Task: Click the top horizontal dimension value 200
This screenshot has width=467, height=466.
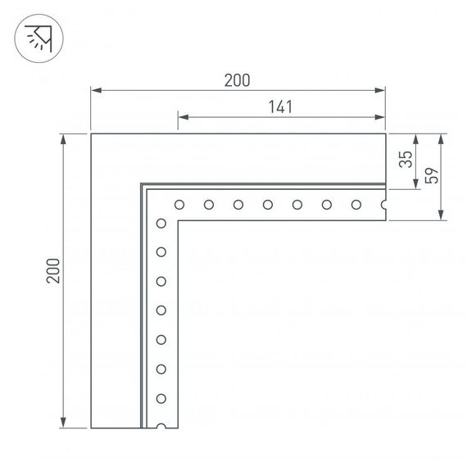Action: click(x=237, y=79)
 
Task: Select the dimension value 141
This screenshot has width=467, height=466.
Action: click(x=280, y=106)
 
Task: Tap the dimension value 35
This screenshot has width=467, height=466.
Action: click(x=403, y=160)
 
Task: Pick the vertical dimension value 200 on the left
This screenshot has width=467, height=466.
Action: click(x=53, y=271)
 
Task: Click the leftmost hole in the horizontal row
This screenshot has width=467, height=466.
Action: click(x=179, y=205)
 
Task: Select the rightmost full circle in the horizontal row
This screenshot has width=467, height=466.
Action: click(x=356, y=205)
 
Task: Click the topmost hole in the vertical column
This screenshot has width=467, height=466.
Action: click(x=161, y=222)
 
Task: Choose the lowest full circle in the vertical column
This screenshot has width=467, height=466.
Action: click(x=161, y=398)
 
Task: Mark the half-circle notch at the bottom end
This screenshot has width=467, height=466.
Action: click(x=161, y=427)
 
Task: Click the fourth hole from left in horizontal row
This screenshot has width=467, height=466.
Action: click(x=268, y=205)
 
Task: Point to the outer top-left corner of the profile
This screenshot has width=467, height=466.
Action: click(x=91, y=133)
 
